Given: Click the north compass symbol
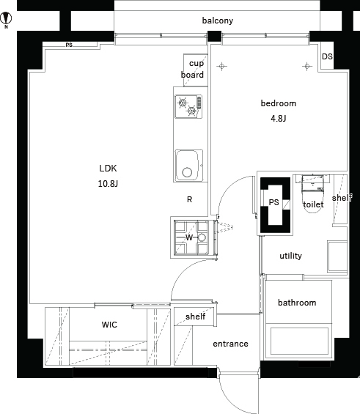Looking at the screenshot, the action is [x=6, y=19].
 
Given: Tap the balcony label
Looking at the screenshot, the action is [x=218, y=21].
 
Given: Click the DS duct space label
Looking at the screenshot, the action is [x=327, y=56].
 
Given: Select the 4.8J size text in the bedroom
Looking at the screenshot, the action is [x=279, y=119].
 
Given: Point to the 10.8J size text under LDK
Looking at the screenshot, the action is [x=108, y=183].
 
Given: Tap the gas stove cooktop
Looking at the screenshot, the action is [x=188, y=106].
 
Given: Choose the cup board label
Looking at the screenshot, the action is [x=193, y=69].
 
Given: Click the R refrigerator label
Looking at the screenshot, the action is [x=189, y=199].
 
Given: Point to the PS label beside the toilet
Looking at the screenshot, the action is [x=274, y=202].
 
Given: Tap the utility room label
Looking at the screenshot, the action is [x=291, y=256].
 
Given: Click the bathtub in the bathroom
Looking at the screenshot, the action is [x=300, y=341].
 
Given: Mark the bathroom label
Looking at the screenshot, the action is [x=297, y=303].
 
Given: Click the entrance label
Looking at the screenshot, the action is [x=230, y=344].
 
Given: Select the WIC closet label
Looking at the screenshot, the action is [x=109, y=325].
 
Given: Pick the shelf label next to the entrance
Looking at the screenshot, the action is [x=196, y=316].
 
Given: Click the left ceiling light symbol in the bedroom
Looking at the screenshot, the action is [x=222, y=66].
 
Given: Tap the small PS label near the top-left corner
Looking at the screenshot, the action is [x=69, y=45].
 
